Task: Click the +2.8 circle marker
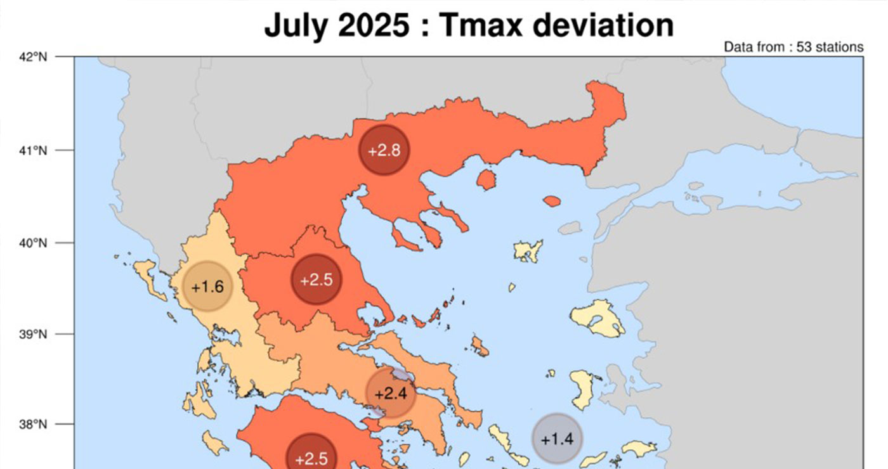(x=384, y=151)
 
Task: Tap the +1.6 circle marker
(x=207, y=286)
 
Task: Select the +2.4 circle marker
(x=390, y=394)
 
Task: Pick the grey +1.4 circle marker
(x=558, y=439)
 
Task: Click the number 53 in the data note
(x=804, y=47)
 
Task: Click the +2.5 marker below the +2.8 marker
(x=316, y=279)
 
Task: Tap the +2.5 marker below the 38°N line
(x=311, y=456)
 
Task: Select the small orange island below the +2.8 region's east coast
(x=486, y=180)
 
